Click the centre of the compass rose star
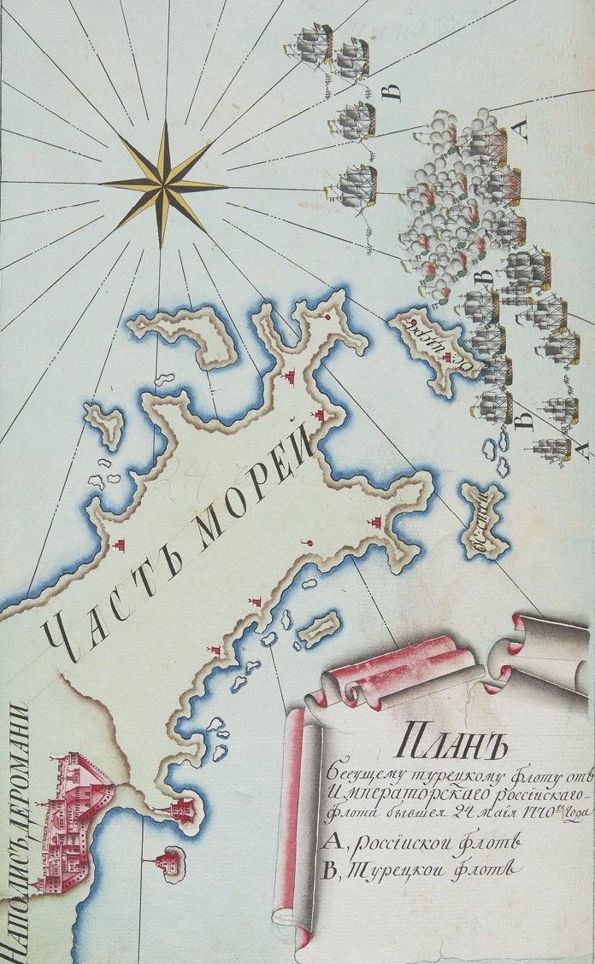[162, 184]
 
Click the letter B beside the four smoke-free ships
[394, 92]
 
